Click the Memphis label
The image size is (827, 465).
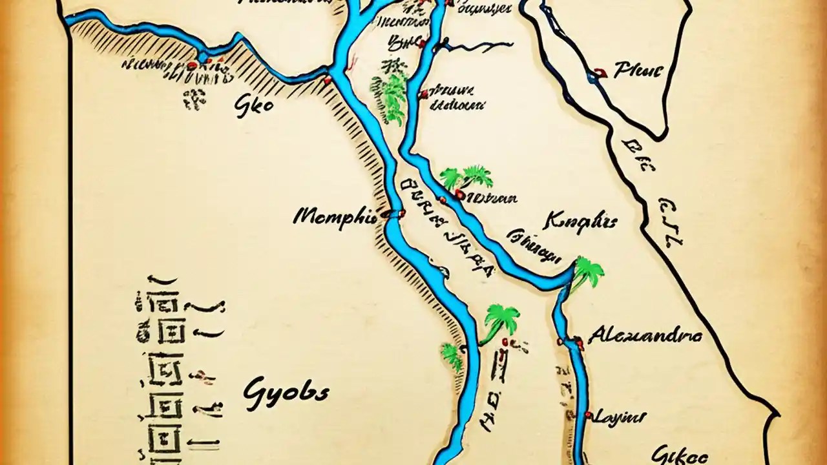coord(335,216)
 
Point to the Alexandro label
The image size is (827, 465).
coord(645,336)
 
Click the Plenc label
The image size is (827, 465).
coord(638,70)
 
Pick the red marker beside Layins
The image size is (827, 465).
coord(588,414)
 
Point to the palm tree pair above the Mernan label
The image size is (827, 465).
coord(467,176)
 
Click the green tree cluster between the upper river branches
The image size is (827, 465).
coord(389,96)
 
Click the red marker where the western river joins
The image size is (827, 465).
coord(327,79)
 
